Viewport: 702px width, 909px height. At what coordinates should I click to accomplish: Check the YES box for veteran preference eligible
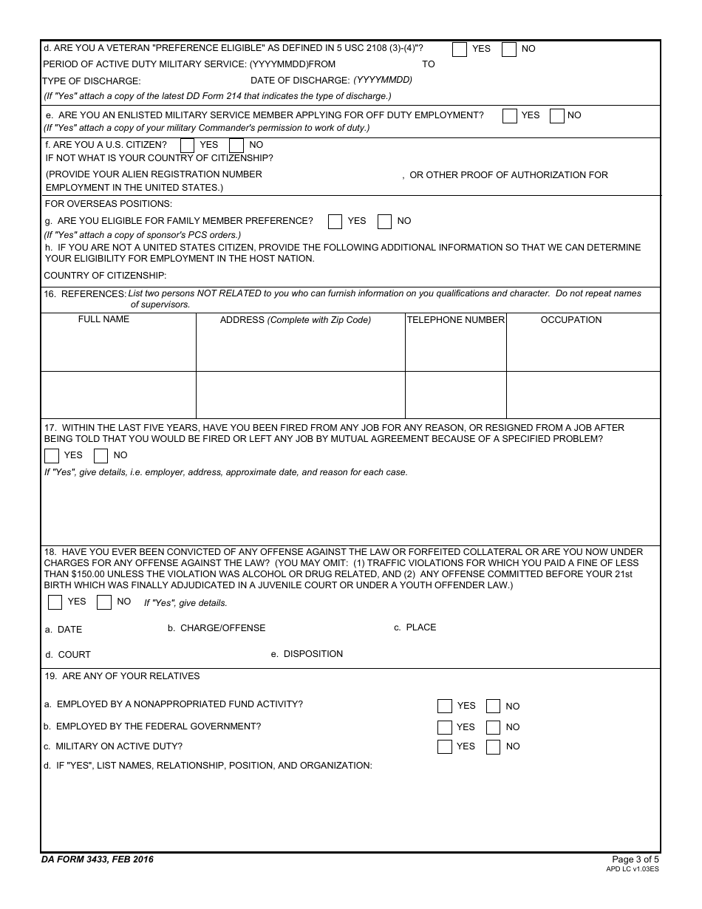(x=460, y=50)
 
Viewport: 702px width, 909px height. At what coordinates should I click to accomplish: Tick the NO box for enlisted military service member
(x=557, y=116)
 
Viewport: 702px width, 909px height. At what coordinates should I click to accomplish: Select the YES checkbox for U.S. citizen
(x=188, y=146)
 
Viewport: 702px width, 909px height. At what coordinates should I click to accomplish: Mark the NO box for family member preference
(x=385, y=222)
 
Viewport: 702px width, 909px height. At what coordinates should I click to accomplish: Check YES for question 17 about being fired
(x=52, y=456)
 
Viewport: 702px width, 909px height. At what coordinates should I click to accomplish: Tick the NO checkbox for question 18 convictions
(x=104, y=602)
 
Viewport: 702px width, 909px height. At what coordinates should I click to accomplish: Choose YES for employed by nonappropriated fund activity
(x=445, y=707)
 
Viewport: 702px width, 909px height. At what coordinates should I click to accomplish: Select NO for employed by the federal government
(x=494, y=727)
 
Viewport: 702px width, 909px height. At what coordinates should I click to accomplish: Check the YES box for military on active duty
(x=445, y=747)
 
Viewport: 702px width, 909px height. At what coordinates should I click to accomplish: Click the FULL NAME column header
(x=103, y=319)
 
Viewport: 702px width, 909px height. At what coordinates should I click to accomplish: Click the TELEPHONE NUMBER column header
(x=456, y=320)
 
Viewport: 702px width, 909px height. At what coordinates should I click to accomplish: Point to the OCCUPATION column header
(x=571, y=320)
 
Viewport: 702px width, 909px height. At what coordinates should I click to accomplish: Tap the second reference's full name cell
(x=118, y=395)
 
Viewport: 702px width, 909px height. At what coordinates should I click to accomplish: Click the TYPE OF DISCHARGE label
(x=92, y=81)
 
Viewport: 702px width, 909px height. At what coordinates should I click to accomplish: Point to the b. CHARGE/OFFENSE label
(x=217, y=628)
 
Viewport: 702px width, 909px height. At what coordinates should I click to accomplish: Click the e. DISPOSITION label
(x=307, y=654)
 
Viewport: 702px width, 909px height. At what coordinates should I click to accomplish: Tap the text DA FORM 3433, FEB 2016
(x=98, y=859)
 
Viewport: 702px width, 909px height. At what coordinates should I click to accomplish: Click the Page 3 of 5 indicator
(x=635, y=859)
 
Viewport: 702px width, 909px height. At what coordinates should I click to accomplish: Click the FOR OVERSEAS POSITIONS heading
(x=109, y=204)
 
